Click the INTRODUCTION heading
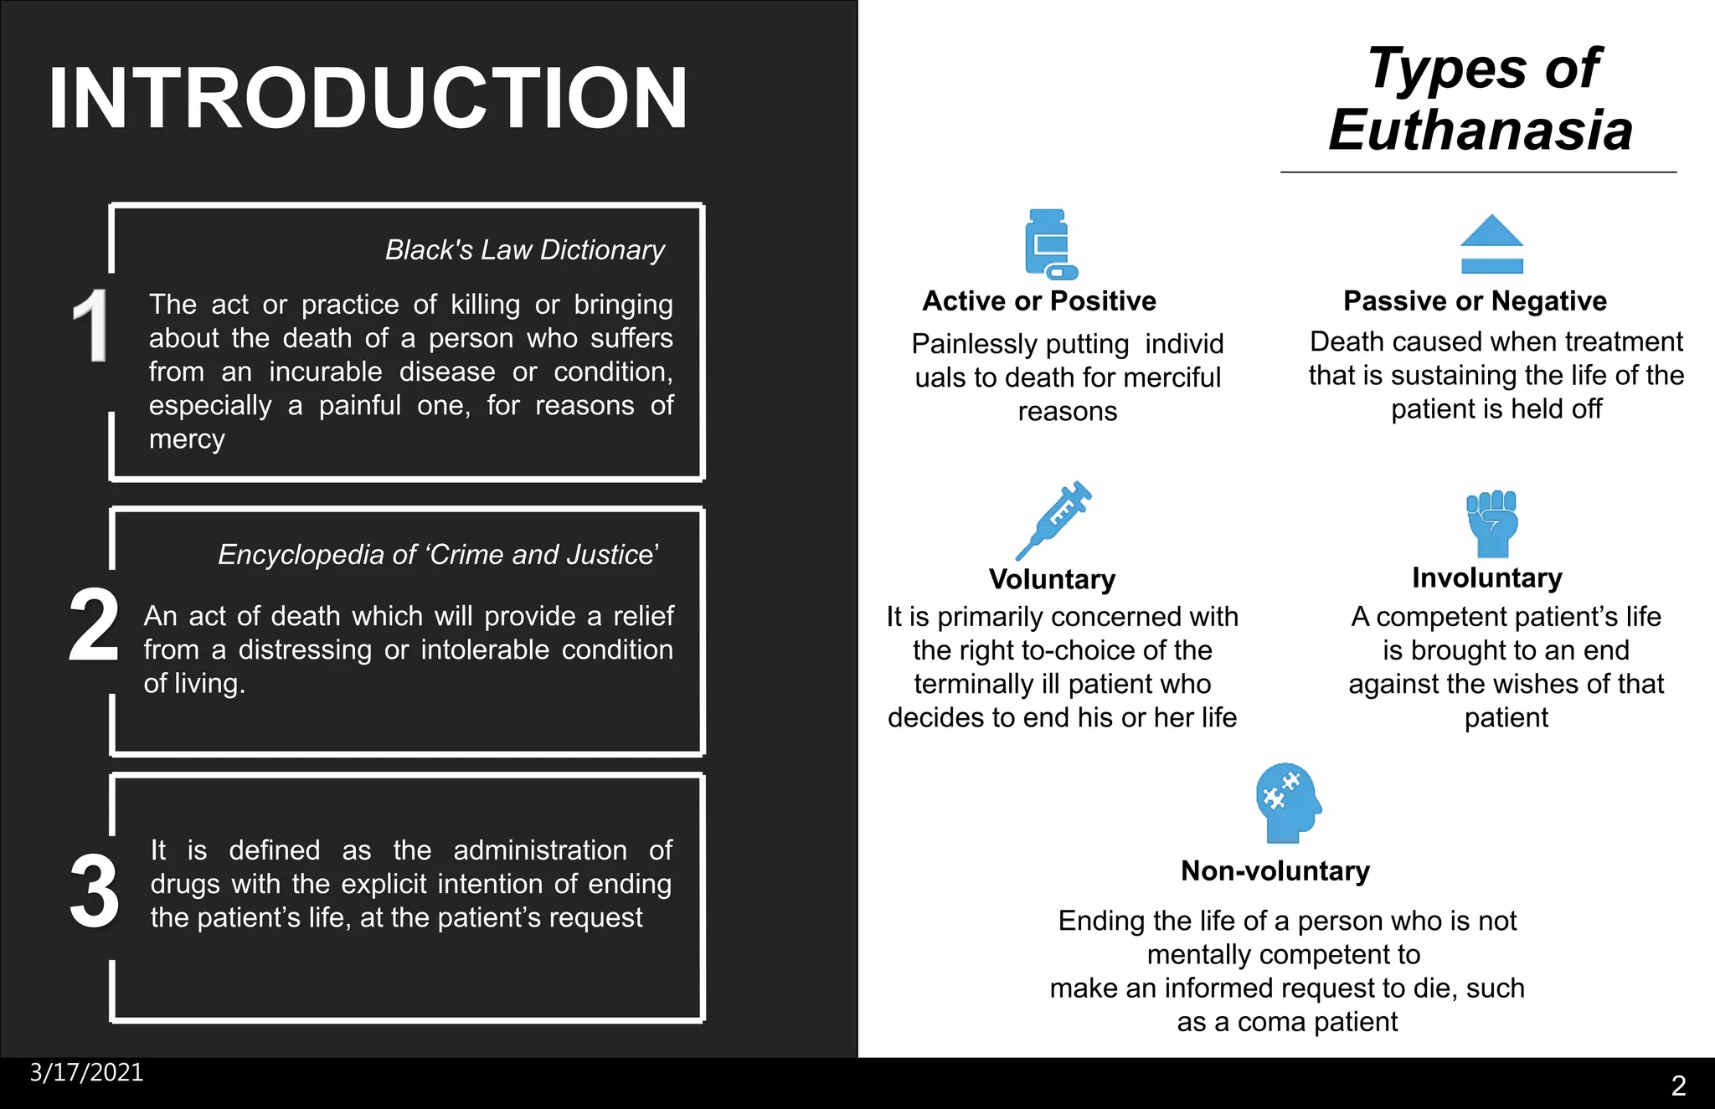coord(368,99)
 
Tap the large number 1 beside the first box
coord(90,326)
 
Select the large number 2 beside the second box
coord(93,625)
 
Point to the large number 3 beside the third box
coord(94,891)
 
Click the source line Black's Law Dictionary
coord(524,249)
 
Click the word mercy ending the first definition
coord(187,439)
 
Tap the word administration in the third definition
coord(540,850)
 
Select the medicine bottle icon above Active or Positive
coord(1050,244)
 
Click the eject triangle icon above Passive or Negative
coord(1491,244)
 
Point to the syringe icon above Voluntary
coord(1053,520)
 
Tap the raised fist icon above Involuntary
coord(1492,524)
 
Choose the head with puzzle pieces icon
coord(1287,803)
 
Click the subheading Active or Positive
coord(1038,301)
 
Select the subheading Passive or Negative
coord(1475,301)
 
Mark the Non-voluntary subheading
coord(1275,871)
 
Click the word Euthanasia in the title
coord(1480,131)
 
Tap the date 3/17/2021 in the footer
coord(86,1073)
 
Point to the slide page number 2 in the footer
coord(1678,1086)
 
